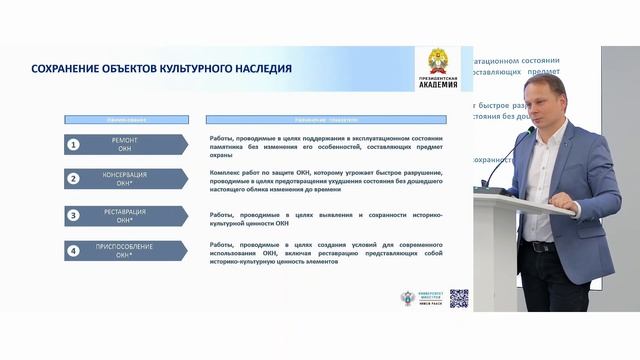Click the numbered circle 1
(x=73, y=145)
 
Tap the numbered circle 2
(x=73, y=179)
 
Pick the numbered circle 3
(x=73, y=215)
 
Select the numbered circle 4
(x=73, y=251)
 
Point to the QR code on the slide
(x=459, y=298)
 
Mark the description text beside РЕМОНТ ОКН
(x=326, y=145)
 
